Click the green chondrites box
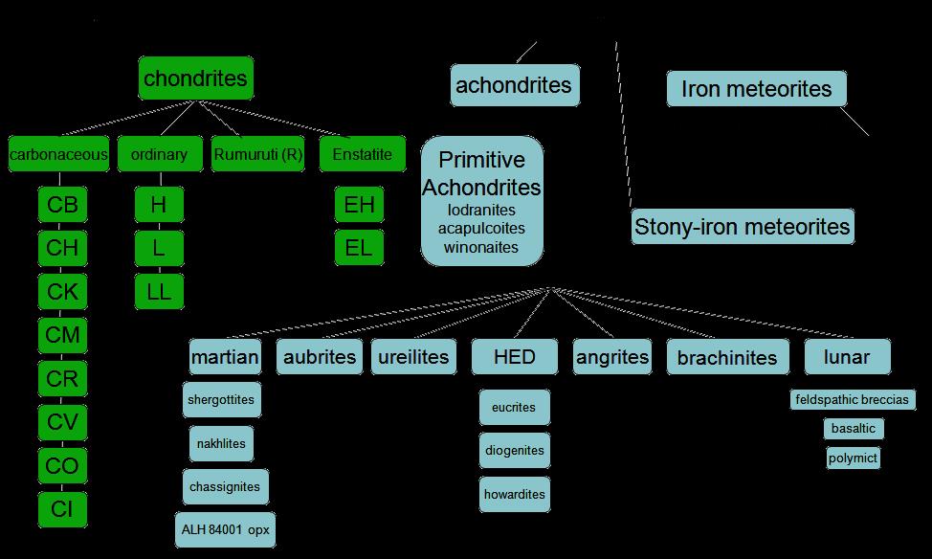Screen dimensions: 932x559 pyautogui.click(x=196, y=78)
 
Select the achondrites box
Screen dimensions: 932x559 pyautogui.click(x=515, y=85)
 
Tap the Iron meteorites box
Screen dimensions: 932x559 pyautogui.click(x=757, y=89)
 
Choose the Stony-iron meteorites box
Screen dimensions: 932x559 pyautogui.click(x=743, y=227)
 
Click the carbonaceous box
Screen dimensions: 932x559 pyautogui.click(x=58, y=154)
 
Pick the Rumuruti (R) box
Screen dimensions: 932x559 pyautogui.click(x=258, y=154)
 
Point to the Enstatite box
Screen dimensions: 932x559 pyautogui.click(x=363, y=154)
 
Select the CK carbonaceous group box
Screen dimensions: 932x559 pyautogui.click(x=62, y=291)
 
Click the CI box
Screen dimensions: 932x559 pyautogui.click(x=62, y=509)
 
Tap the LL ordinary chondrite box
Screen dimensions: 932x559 pyautogui.click(x=159, y=291)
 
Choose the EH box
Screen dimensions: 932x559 pyautogui.click(x=359, y=205)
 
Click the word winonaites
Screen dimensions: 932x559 pyautogui.click(x=481, y=247)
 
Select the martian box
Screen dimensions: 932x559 pyautogui.click(x=225, y=357)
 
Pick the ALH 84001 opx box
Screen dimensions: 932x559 pyautogui.click(x=225, y=529)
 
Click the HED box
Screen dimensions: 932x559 pyautogui.click(x=515, y=357)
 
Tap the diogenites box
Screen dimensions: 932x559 pyautogui.click(x=515, y=450)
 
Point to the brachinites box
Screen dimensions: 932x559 pyautogui.click(x=727, y=357)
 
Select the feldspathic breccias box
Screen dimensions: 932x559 pyautogui.click(x=853, y=399)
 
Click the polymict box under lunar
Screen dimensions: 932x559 pyautogui.click(x=853, y=458)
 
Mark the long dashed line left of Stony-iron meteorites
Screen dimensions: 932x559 pyautogui.click(x=624, y=124)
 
